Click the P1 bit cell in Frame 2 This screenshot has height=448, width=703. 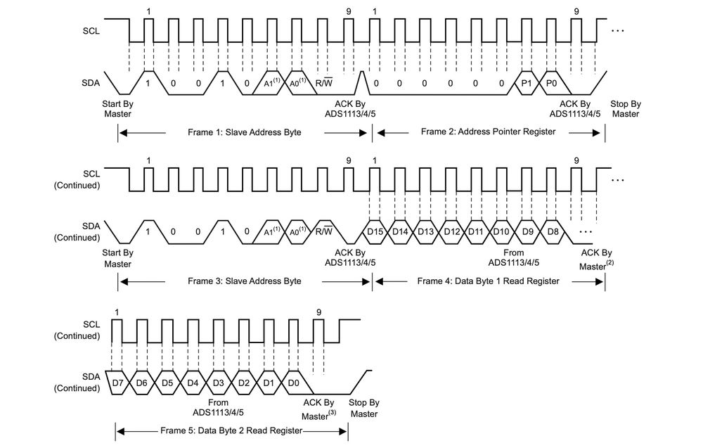pos(527,83)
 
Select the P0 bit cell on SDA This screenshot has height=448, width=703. pos(552,83)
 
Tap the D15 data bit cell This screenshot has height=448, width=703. pos(375,231)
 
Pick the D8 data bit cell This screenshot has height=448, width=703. pos(553,231)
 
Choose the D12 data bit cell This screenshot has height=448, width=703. pos(451,231)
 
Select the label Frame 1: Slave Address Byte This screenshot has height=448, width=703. pos(244,132)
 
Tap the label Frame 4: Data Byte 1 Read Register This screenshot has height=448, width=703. pos(488,281)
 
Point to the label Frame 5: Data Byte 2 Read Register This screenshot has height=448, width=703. pos(231,430)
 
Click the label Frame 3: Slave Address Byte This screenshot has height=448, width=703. pos(244,281)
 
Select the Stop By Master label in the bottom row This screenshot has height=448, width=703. pos(363,408)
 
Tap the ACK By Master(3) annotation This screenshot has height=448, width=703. pos(318,409)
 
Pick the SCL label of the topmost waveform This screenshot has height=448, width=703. pos(90,31)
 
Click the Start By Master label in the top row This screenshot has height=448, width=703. pos(117,108)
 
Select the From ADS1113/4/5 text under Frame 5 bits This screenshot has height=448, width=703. pos(218,408)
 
